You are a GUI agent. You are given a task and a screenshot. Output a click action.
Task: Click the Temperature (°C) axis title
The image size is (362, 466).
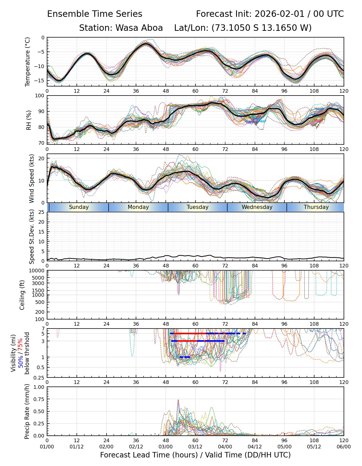(28, 62)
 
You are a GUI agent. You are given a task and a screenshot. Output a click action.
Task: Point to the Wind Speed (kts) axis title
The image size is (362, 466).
(32, 178)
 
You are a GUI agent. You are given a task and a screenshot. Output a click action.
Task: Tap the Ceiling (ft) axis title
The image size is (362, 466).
(22, 295)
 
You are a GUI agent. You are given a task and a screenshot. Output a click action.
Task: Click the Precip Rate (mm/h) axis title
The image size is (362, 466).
(27, 411)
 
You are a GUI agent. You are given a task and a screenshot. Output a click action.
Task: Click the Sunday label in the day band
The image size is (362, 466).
(79, 207)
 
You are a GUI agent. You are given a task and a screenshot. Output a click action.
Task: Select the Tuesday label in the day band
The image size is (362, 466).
(198, 207)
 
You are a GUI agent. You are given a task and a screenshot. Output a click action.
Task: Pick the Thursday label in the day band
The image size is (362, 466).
(316, 207)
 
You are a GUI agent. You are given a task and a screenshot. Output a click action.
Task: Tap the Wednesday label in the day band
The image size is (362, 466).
(257, 207)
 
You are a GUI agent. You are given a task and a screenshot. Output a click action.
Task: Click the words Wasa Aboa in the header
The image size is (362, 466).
(139, 28)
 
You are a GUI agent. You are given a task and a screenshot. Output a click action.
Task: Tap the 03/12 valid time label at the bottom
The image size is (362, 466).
(195, 447)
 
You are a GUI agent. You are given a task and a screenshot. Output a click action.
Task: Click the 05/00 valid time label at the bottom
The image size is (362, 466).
(284, 447)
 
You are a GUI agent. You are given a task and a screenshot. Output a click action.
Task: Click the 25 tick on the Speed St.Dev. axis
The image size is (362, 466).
(42, 212)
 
